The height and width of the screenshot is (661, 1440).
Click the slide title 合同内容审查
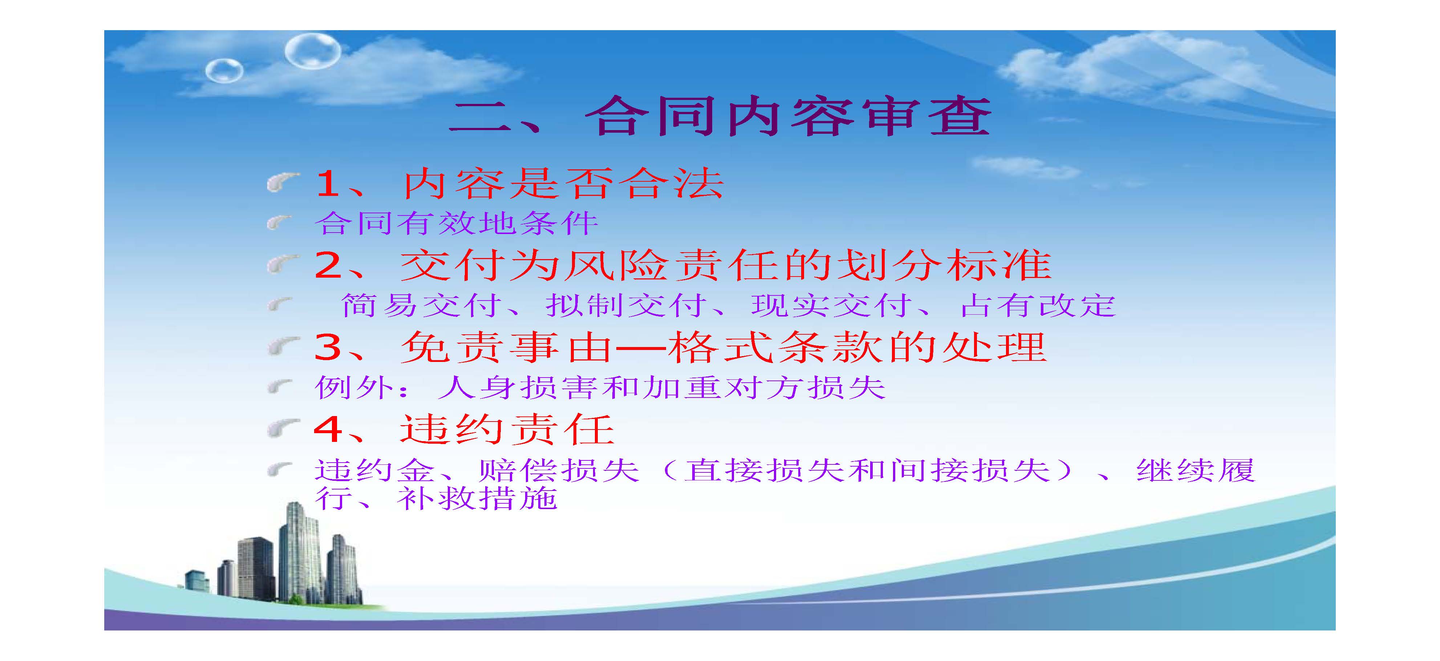point(788,117)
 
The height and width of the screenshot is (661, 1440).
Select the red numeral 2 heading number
point(329,265)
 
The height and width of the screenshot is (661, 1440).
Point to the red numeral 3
point(329,347)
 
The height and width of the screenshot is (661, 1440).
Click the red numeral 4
point(329,430)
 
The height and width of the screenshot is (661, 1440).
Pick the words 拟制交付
point(626,305)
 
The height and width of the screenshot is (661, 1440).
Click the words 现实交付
point(832,305)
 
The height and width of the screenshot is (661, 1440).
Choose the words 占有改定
point(1038,305)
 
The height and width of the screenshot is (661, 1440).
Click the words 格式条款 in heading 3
point(774,347)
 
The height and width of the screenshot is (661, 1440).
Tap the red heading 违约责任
point(508,430)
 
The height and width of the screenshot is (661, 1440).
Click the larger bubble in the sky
point(312,51)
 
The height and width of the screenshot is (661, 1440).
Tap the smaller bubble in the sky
point(224,71)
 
